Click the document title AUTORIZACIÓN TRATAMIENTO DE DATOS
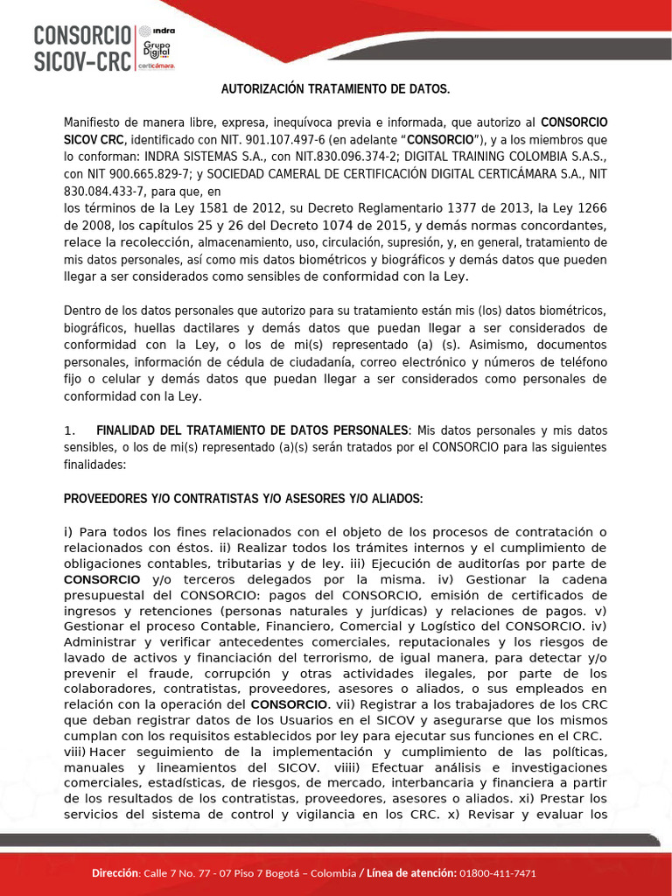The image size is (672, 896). (x=335, y=89)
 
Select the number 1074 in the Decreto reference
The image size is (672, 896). (x=333, y=225)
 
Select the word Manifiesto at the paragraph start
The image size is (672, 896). (x=97, y=122)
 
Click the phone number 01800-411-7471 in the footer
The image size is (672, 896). (x=498, y=873)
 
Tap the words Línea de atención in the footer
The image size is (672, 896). (x=410, y=873)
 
